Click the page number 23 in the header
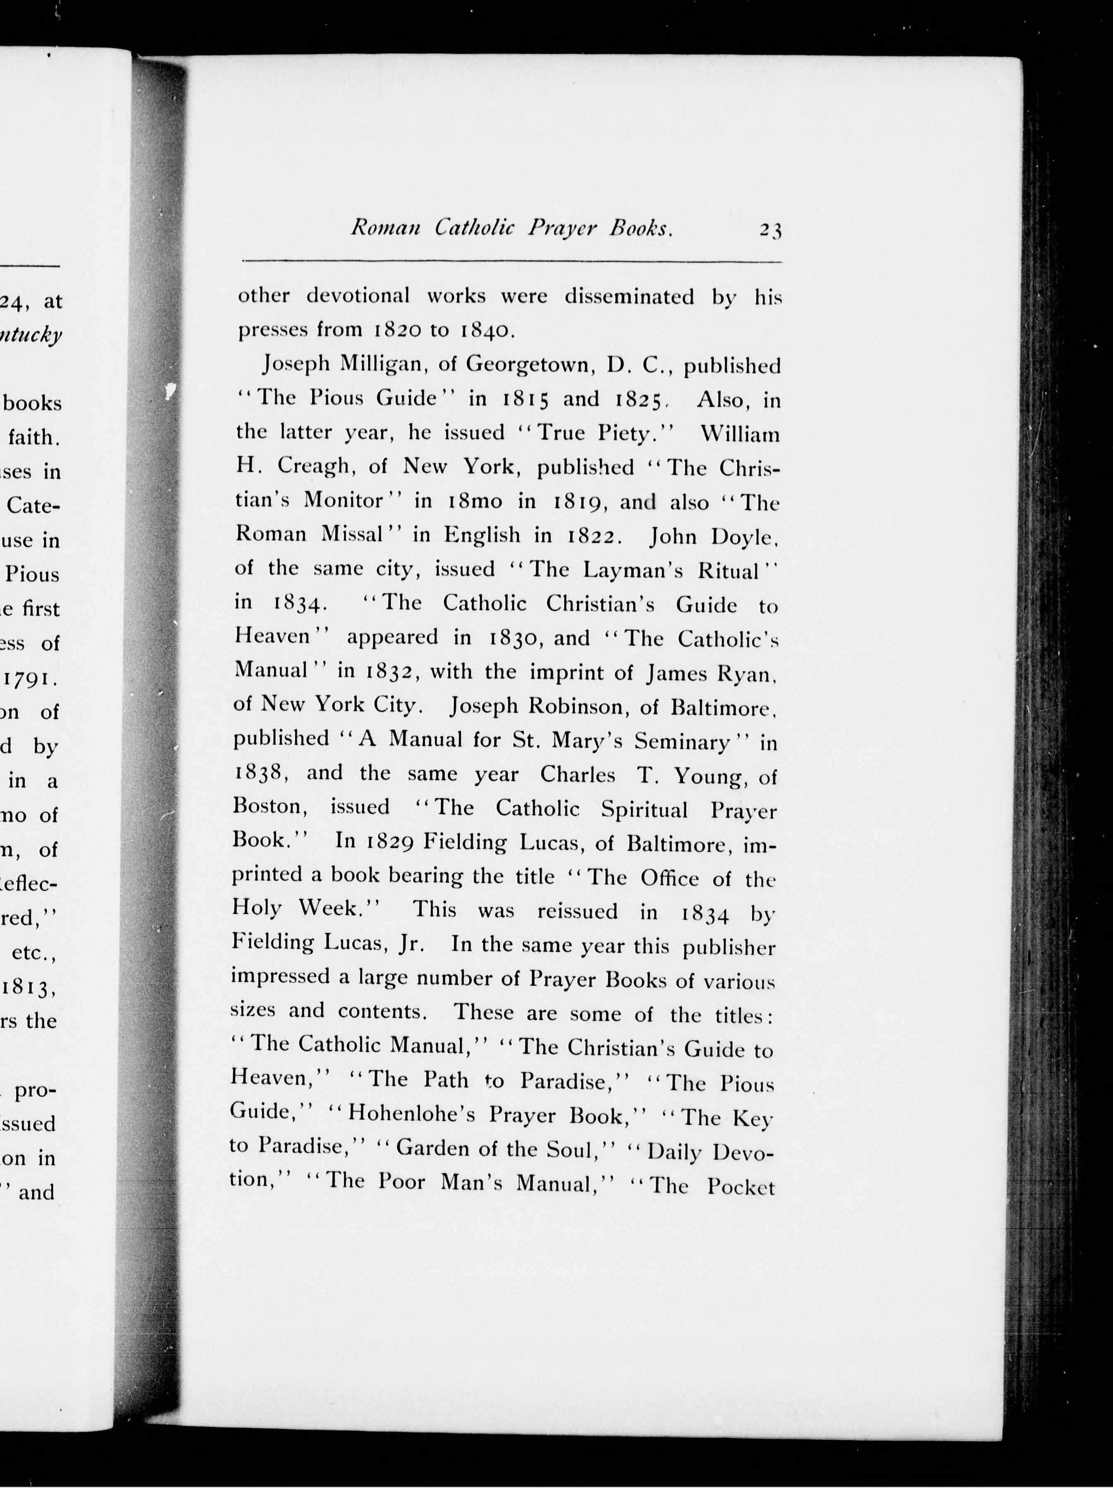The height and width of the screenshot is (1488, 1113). [x=771, y=231]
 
